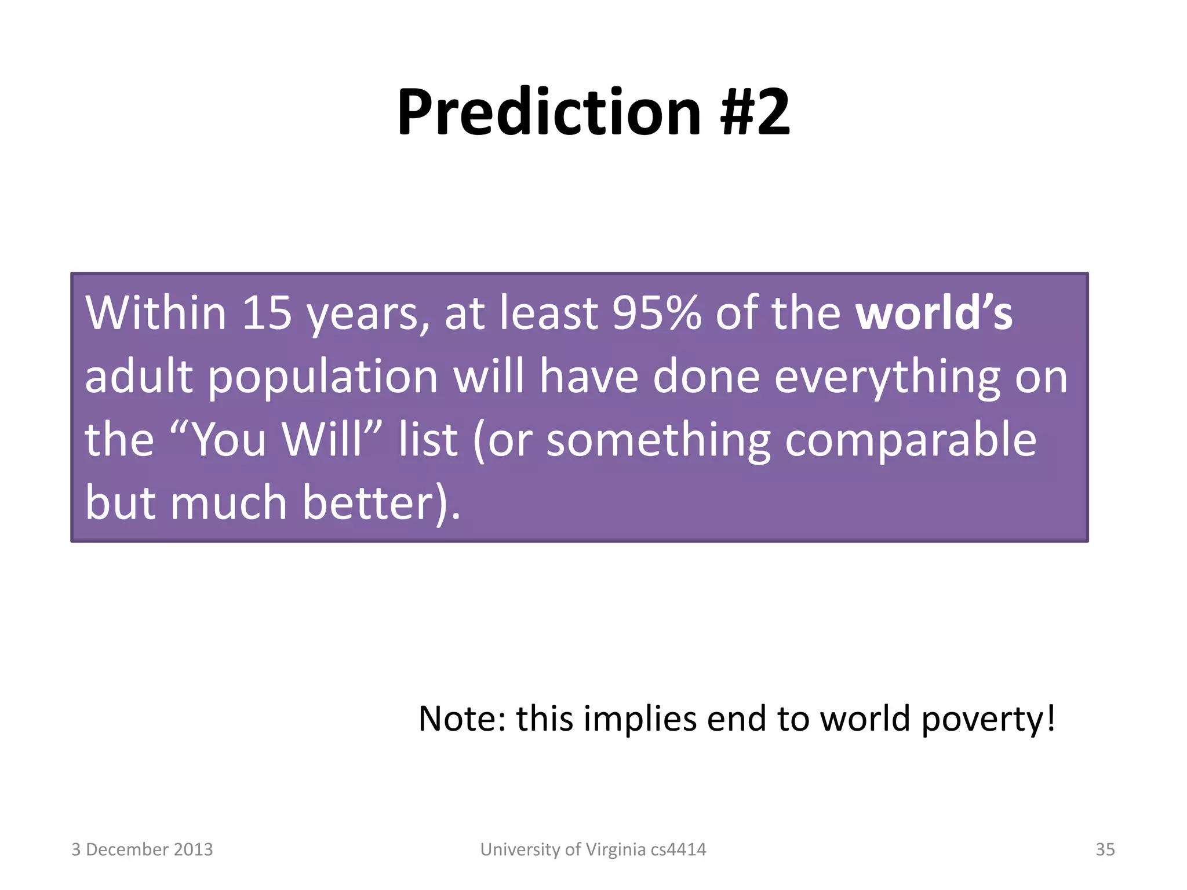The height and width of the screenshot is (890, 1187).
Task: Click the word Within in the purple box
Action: [155, 313]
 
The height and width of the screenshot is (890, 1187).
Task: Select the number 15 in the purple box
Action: [267, 313]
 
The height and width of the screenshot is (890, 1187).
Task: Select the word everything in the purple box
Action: [887, 378]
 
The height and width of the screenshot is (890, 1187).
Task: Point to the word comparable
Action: [911, 440]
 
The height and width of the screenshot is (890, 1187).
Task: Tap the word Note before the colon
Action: [457, 719]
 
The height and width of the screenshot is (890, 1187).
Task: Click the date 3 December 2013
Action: [142, 849]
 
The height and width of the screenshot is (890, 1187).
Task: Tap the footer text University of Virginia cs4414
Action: [593, 849]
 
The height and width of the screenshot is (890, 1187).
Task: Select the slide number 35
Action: [1105, 849]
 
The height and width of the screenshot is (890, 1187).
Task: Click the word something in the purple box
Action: [658, 440]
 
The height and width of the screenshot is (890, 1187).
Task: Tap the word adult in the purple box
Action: [139, 378]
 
